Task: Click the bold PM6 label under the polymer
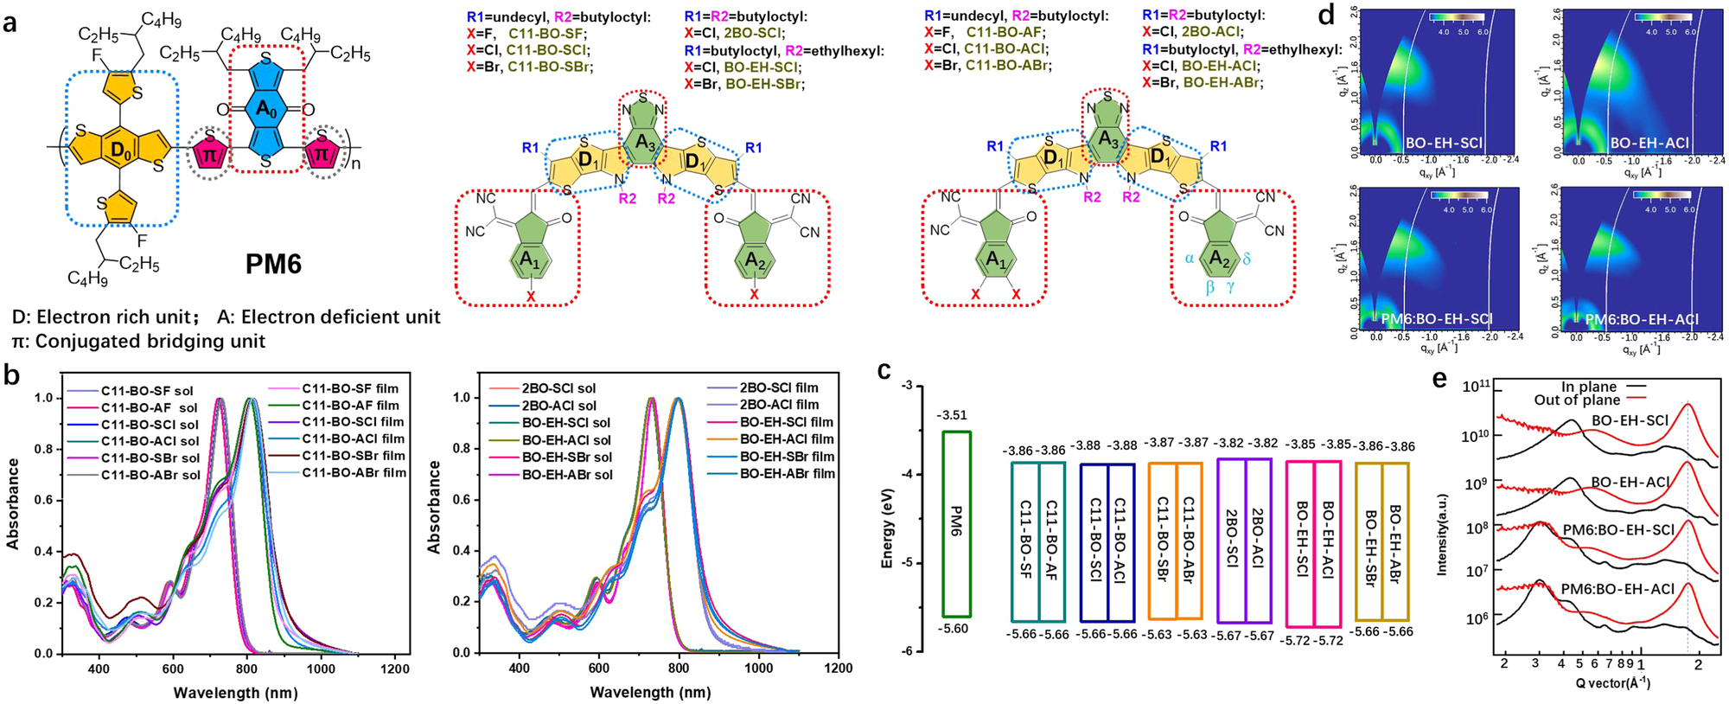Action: pyautogui.click(x=273, y=262)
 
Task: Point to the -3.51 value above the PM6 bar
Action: pyautogui.click(x=954, y=415)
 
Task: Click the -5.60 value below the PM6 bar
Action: pyautogui.click(x=954, y=629)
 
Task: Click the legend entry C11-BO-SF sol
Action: pyautogui.click(x=147, y=391)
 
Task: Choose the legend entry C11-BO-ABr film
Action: pyautogui.click(x=354, y=473)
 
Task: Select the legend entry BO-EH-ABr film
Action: pyautogui.click(x=788, y=474)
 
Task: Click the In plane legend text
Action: pyautogui.click(x=1589, y=387)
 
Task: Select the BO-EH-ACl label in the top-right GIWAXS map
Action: pyautogui.click(x=1649, y=143)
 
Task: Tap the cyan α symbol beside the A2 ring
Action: pyautogui.click(x=1190, y=258)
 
